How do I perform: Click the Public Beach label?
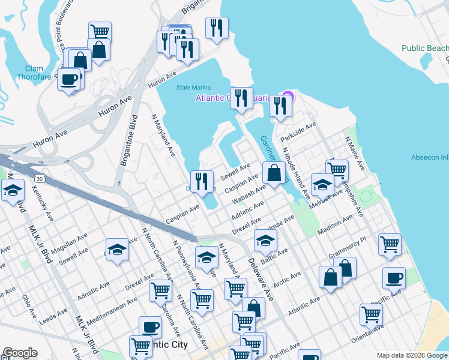[x=424, y=48]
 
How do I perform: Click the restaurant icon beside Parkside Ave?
[x=280, y=106]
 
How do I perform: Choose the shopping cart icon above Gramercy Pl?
[x=390, y=244]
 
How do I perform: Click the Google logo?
[x=20, y=353]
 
